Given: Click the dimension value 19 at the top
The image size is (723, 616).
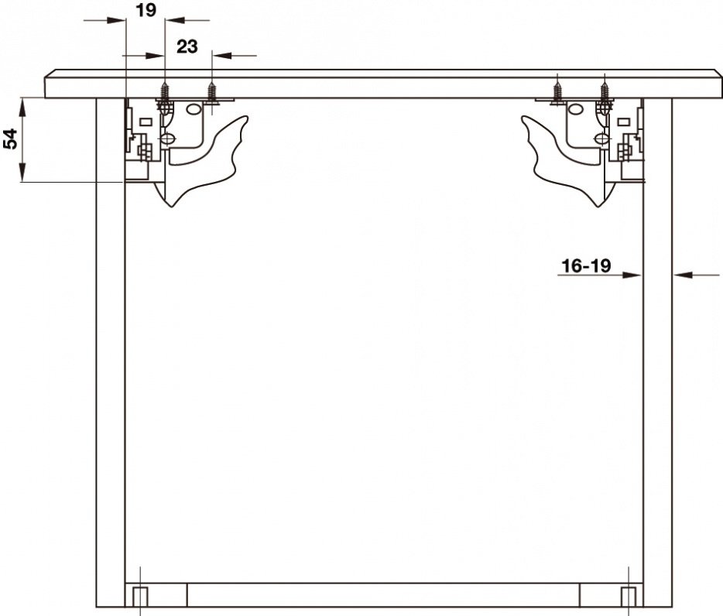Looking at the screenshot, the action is pyautogui.click(x=146, y=10).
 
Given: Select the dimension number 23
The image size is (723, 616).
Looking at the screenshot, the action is pyautogui.click(x=187, y=46).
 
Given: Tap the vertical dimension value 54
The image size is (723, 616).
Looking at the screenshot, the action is pyautogui.click(x=10, y=139).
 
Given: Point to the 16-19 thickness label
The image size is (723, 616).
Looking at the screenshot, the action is pyautogui.click(x=585, y=265).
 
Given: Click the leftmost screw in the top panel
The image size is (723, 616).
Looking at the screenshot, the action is pyautogui.click(x=165, y=91).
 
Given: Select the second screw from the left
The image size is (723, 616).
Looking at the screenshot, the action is pyautogui.click(x=211, y=91).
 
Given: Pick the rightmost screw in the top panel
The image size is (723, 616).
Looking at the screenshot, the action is pyautogui.click(x=605, y=91).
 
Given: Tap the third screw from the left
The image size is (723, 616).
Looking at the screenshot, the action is pyautogui.click(x=557, y=91).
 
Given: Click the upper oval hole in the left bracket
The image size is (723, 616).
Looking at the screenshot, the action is pyautogui.click(x=194, y=109).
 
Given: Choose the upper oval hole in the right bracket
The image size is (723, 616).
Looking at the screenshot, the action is pyautogui.click(x=575, y=109).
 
